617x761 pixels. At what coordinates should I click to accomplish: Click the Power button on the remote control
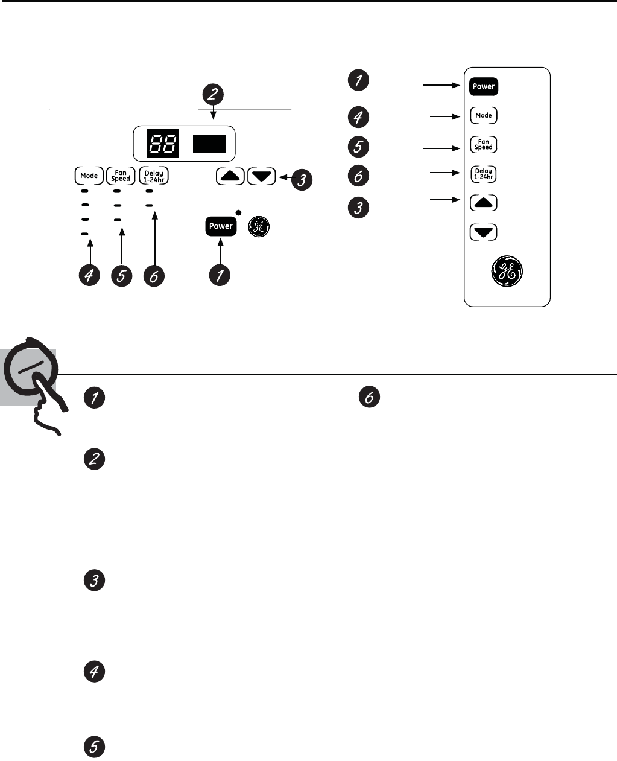(x=483, y=86)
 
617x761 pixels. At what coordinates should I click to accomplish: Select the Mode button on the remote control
(x=483, y=115)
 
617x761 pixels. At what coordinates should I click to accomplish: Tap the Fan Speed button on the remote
(x=483, y=145)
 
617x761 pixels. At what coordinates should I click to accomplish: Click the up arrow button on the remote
(x=483, y=203)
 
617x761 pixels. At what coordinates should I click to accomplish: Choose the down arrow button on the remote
(x=483, y=232)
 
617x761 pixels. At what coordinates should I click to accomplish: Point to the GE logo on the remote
(x=507, y=272)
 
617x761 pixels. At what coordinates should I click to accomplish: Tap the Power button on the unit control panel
(x=220, y=226)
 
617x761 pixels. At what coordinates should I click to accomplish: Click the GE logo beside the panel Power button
(x=258, y=227)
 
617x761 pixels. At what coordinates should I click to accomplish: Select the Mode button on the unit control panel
(x=89, y=176)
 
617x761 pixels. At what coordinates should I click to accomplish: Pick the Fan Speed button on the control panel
(x=121, y=176)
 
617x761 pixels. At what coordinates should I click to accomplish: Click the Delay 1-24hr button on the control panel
(x=154, y=176)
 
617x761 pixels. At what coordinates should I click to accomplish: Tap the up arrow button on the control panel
(x=230, y=176)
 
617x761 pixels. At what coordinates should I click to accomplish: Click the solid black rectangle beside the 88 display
(x=209, y=144)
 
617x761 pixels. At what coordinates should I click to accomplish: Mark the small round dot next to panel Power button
(x=239, y=212)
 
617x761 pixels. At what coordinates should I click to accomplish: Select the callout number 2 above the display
(x=214, y=94)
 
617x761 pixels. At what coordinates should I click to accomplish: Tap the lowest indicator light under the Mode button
(x=85, y=234)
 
